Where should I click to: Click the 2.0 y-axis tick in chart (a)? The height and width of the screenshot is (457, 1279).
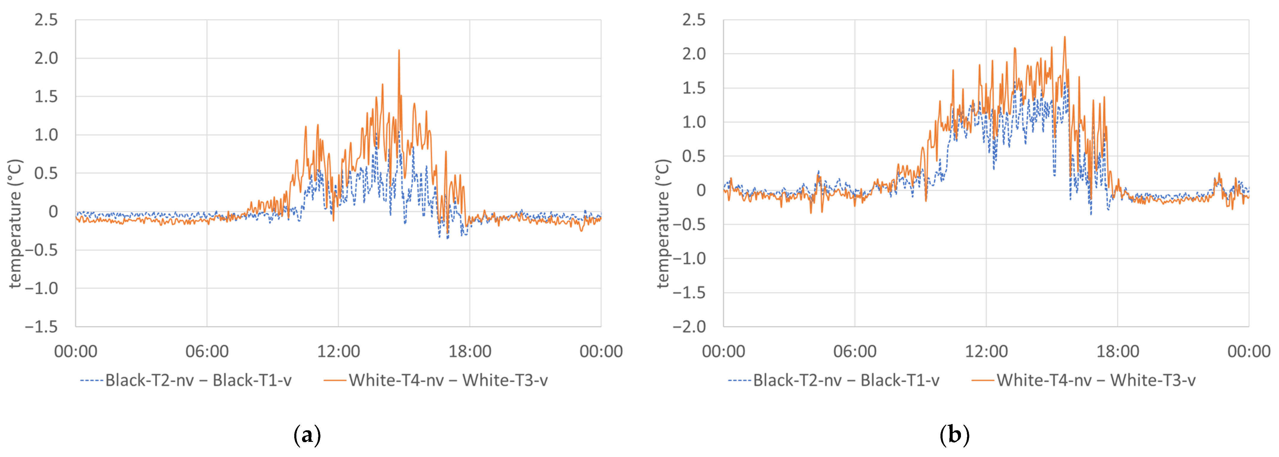pos(46,58)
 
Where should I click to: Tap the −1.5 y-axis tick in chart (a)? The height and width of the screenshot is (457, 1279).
pos(42,326)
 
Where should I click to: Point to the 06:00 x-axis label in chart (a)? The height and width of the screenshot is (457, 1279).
pos(207,351)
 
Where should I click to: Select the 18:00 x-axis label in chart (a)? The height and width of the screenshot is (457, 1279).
pos(470,351)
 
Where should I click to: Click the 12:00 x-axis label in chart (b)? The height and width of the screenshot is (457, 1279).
pos(986,351)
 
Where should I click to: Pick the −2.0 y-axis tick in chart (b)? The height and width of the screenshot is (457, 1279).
pos(689,326)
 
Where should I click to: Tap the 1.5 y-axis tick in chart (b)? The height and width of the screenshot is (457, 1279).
pos(694,88)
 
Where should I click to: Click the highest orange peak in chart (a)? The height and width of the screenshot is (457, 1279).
pos(399,50)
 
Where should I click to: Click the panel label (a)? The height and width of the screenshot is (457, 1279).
pos(307,435)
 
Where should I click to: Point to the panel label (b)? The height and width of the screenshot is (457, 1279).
pos(954,435)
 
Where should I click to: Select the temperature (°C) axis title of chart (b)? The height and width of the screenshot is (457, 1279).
pos(663,223)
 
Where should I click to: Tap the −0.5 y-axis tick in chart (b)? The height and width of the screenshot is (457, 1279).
pos(689,224)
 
